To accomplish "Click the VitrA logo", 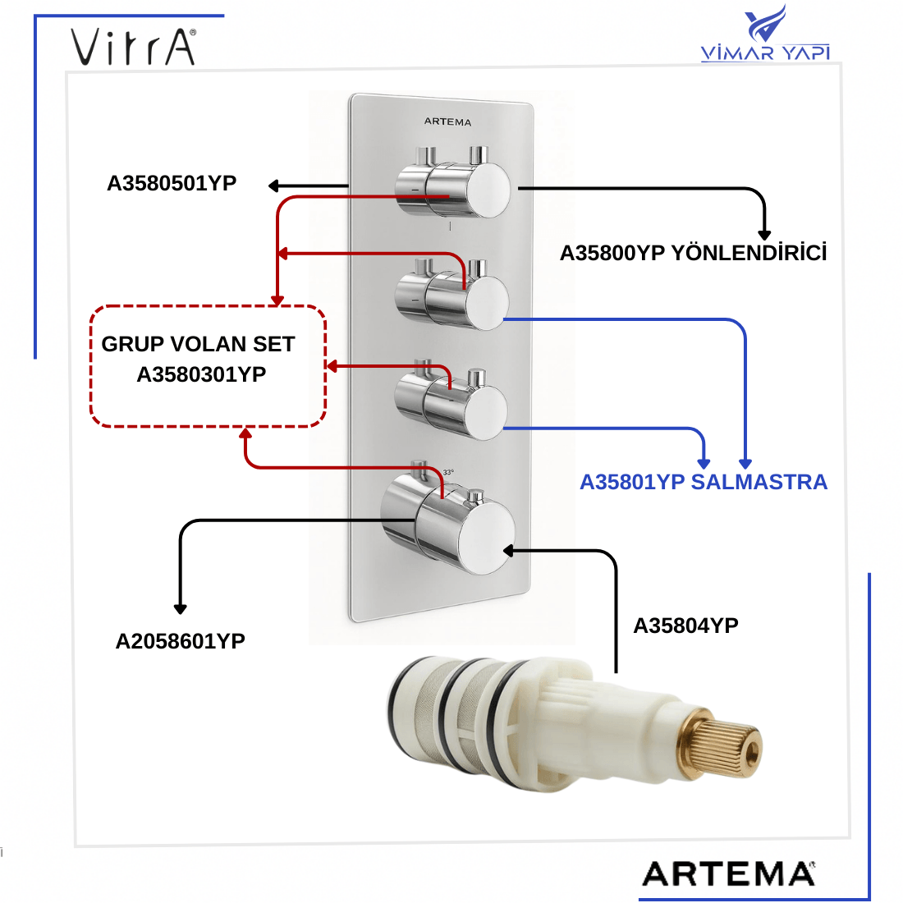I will tap(134, 47).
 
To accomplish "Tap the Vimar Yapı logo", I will tap(765, 37).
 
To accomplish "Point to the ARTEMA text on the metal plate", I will tap(448, 121).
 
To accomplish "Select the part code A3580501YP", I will tap(172, 183).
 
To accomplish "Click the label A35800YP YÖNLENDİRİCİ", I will tap(693, 253).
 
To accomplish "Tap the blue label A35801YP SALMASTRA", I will tap(704, 482).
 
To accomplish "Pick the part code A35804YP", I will tap(685, 626).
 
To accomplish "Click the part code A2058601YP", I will tap(181, 641).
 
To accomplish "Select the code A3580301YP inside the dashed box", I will tap(201, 374).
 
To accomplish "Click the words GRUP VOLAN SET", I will tap(198, 344).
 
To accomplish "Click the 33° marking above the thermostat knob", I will tap(448, 472).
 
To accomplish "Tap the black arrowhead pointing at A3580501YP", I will tap(274, 186).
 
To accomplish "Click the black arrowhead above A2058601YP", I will tap(181, 608).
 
